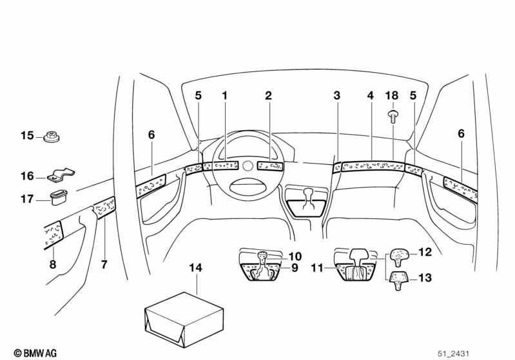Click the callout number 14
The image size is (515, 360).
(196, 267)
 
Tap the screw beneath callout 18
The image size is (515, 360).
(393, 116)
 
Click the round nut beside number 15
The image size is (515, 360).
(50, 137)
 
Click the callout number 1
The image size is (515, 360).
(225, 96)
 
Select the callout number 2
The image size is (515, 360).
(268, 96)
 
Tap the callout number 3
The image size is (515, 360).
(336, 96)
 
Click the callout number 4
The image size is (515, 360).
(370, 96)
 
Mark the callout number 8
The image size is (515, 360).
(52, 263)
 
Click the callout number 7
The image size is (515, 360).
(103, 263)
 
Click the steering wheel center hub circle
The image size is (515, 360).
(248, 166)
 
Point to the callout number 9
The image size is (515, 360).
(294, 267)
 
